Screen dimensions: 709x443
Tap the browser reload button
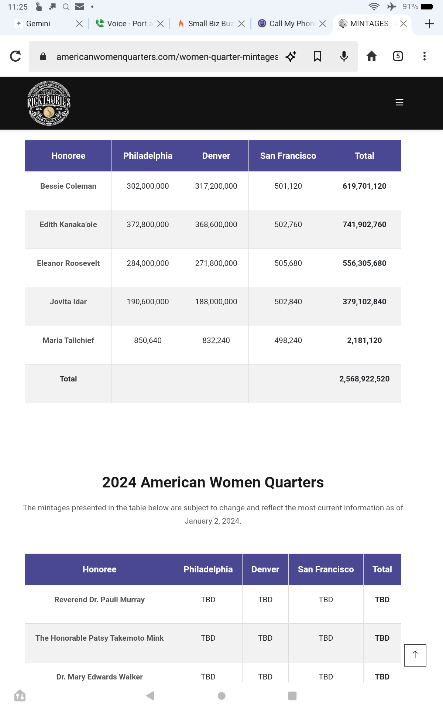[16, 56]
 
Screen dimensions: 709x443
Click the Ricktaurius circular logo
[49, 103]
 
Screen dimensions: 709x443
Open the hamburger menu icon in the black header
[399, 102]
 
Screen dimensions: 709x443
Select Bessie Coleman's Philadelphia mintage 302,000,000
[148, 186]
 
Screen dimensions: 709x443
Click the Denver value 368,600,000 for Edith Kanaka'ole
[216, 225]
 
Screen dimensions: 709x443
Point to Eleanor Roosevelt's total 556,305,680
[364, 263]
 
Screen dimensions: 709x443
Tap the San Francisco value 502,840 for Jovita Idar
[288, 302]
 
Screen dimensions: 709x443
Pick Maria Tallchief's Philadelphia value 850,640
[148, 340]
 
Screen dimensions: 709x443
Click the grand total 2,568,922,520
[364, 379]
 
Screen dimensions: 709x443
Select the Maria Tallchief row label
[68, 340]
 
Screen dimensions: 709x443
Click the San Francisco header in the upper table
[288, 156]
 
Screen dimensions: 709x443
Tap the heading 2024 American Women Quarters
[213, 482]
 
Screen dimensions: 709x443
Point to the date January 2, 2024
[213, 521]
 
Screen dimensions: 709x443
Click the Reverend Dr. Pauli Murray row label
[99, 600]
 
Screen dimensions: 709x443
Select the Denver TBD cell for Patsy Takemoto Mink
[265, 638]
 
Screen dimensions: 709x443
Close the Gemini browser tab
[79, 24]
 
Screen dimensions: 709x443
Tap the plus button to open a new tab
[429, 24]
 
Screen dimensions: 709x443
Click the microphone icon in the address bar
[344, 56]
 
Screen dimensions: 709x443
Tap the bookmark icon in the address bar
[317, 56]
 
